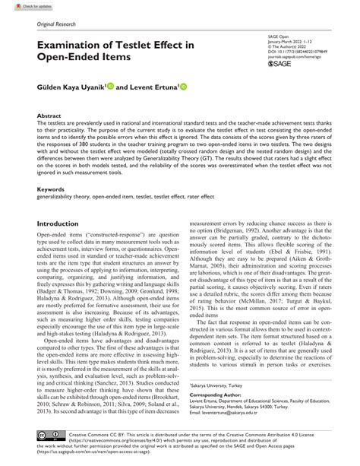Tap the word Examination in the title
click(x=74, y=46)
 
